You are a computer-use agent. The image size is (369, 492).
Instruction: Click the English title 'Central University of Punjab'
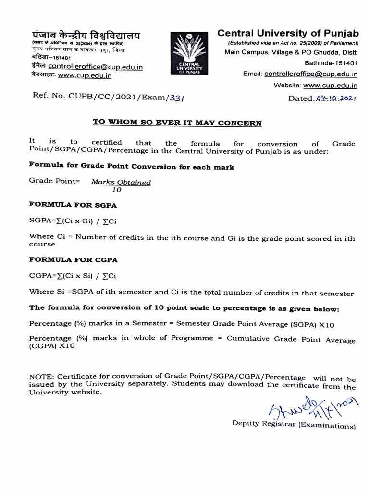coord(288,33)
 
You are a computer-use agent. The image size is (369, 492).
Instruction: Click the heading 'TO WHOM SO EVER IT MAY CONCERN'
coord(177,123)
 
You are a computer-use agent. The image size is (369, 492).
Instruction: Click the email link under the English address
coord(311,74)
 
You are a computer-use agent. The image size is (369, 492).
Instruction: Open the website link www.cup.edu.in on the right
coord(330,86)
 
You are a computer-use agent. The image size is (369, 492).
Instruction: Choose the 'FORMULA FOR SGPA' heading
coord(74,205)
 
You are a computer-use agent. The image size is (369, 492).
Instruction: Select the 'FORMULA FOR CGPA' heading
coord(74,259)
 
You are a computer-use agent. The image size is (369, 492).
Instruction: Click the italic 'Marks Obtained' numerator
coord(121,182)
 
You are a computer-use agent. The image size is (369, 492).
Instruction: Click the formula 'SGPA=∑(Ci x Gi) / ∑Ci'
coord(73,221)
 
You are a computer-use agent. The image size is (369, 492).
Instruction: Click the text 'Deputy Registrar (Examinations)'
coord(294,425)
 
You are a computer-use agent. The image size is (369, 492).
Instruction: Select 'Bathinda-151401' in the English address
coord(331,63)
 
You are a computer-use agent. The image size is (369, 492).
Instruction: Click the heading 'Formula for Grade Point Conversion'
coord(132,167)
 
